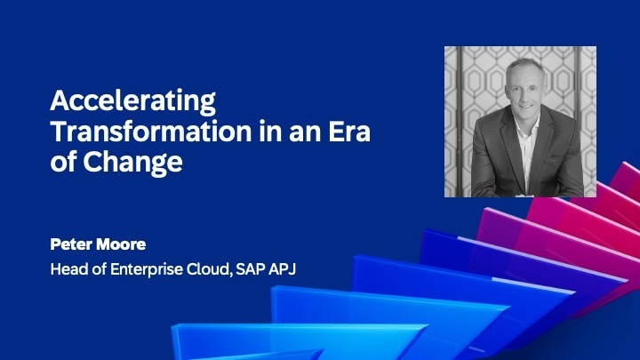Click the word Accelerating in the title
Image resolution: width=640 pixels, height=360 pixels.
(x=132, y=100)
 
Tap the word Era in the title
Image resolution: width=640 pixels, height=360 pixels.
(x=349, y=132)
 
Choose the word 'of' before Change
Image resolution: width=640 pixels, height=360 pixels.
(x=63, y=164)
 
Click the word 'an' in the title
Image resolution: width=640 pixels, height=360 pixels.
(x=302, y=132)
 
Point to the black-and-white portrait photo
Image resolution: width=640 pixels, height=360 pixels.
(x=520, y=122)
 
